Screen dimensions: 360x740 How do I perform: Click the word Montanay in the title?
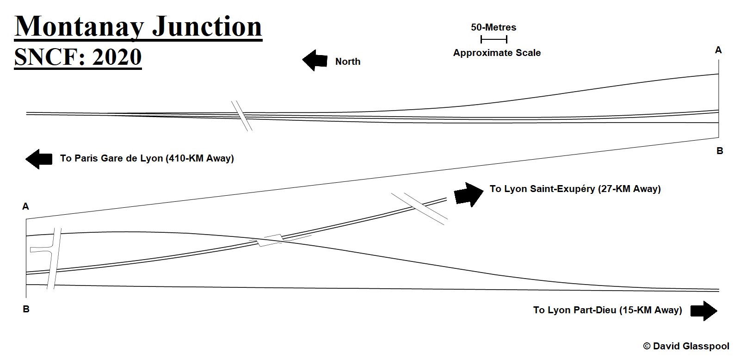point(79,26)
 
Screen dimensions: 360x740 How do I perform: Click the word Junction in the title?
point(207,26)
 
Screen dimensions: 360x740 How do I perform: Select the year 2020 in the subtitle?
point(117,57)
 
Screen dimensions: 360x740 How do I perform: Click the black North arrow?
point(315,61)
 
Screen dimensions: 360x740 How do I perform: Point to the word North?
point(347,62)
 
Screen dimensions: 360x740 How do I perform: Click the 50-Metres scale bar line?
point(493,39)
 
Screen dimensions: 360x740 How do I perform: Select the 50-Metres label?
point(493,27)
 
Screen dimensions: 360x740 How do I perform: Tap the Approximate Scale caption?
point(497,53)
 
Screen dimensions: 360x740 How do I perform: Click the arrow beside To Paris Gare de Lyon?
point(39,159)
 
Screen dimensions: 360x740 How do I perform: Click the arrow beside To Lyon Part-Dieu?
point(703,310)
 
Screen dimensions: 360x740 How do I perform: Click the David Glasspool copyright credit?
point(686,346)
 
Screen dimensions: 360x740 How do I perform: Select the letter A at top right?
point(718,50)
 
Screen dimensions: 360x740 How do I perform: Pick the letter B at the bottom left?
point(26,309)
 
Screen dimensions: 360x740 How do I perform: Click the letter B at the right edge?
point(720,151)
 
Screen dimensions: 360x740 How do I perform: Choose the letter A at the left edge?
point(25,206)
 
